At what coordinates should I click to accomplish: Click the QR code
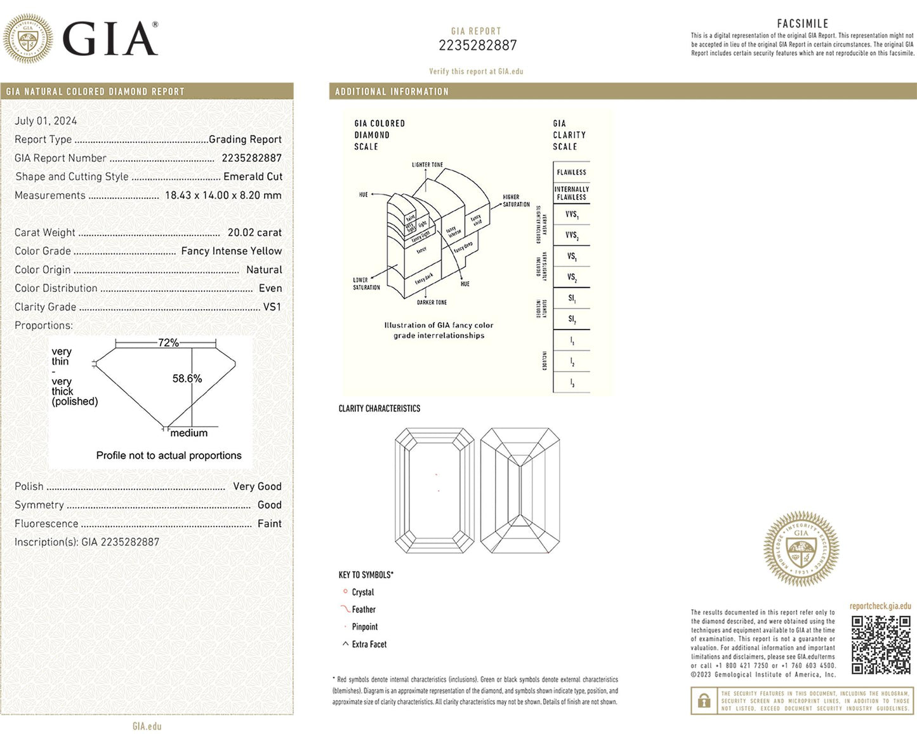(x=880, y=644)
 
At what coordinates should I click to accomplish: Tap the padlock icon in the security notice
(x=704, y=701)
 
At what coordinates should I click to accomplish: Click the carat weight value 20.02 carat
(x=254, y=232)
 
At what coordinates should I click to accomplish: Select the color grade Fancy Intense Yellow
(x=231, y=251)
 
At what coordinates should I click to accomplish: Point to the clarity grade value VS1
(x=272, y=307)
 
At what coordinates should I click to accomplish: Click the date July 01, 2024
(x=46, y=121)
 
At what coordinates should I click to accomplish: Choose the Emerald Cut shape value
(x=253, y=177)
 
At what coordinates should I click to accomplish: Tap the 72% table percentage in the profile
(x=168, y=342)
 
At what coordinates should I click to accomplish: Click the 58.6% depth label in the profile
(x=187, y=378)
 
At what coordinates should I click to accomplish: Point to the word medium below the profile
(x=189, y=433)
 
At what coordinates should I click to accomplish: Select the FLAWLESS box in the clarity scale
(x=572, y=172)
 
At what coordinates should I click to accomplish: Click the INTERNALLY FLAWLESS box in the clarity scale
(x=572, y=193)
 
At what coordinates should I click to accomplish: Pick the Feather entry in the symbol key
(x=364, y=610)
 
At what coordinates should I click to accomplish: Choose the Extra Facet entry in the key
(x=369, y=644)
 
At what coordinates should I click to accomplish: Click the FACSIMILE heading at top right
(x=803, y=23)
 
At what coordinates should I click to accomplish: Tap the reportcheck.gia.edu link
(x=880, y=606)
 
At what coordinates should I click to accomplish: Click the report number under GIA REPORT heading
(x=477, y=45)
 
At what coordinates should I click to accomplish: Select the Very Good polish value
(x=257, y=486)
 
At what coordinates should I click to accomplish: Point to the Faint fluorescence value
(x=269, y=523)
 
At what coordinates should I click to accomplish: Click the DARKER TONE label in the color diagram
(x=432, y=302)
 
